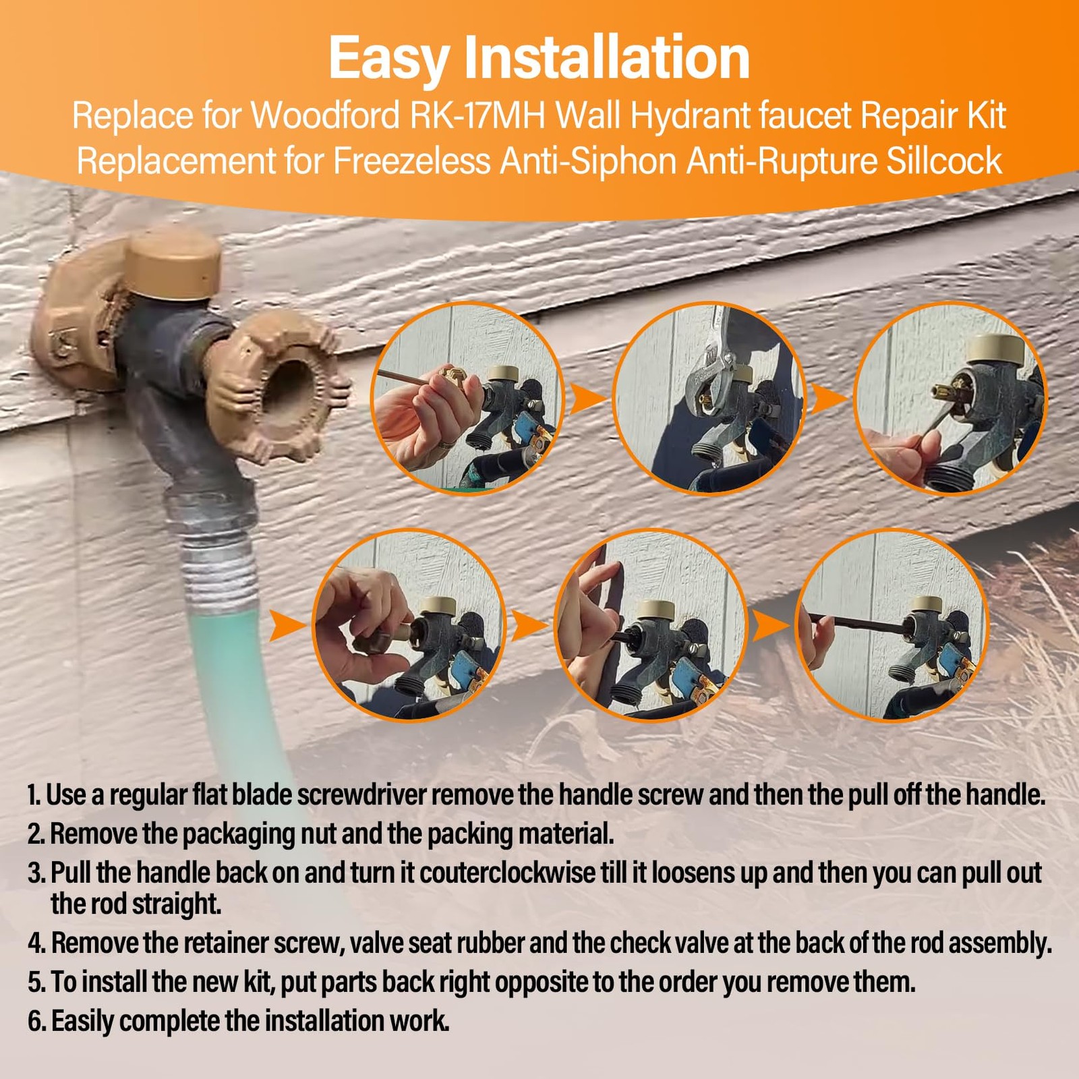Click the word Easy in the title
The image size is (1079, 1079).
(389, 59)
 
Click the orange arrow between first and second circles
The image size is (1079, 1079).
(587, 399)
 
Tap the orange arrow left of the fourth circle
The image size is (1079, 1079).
(287, 626)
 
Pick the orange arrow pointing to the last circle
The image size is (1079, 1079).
(769, 626)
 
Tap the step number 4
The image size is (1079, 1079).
(36, 943)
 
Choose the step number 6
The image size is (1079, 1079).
(36, 1021)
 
